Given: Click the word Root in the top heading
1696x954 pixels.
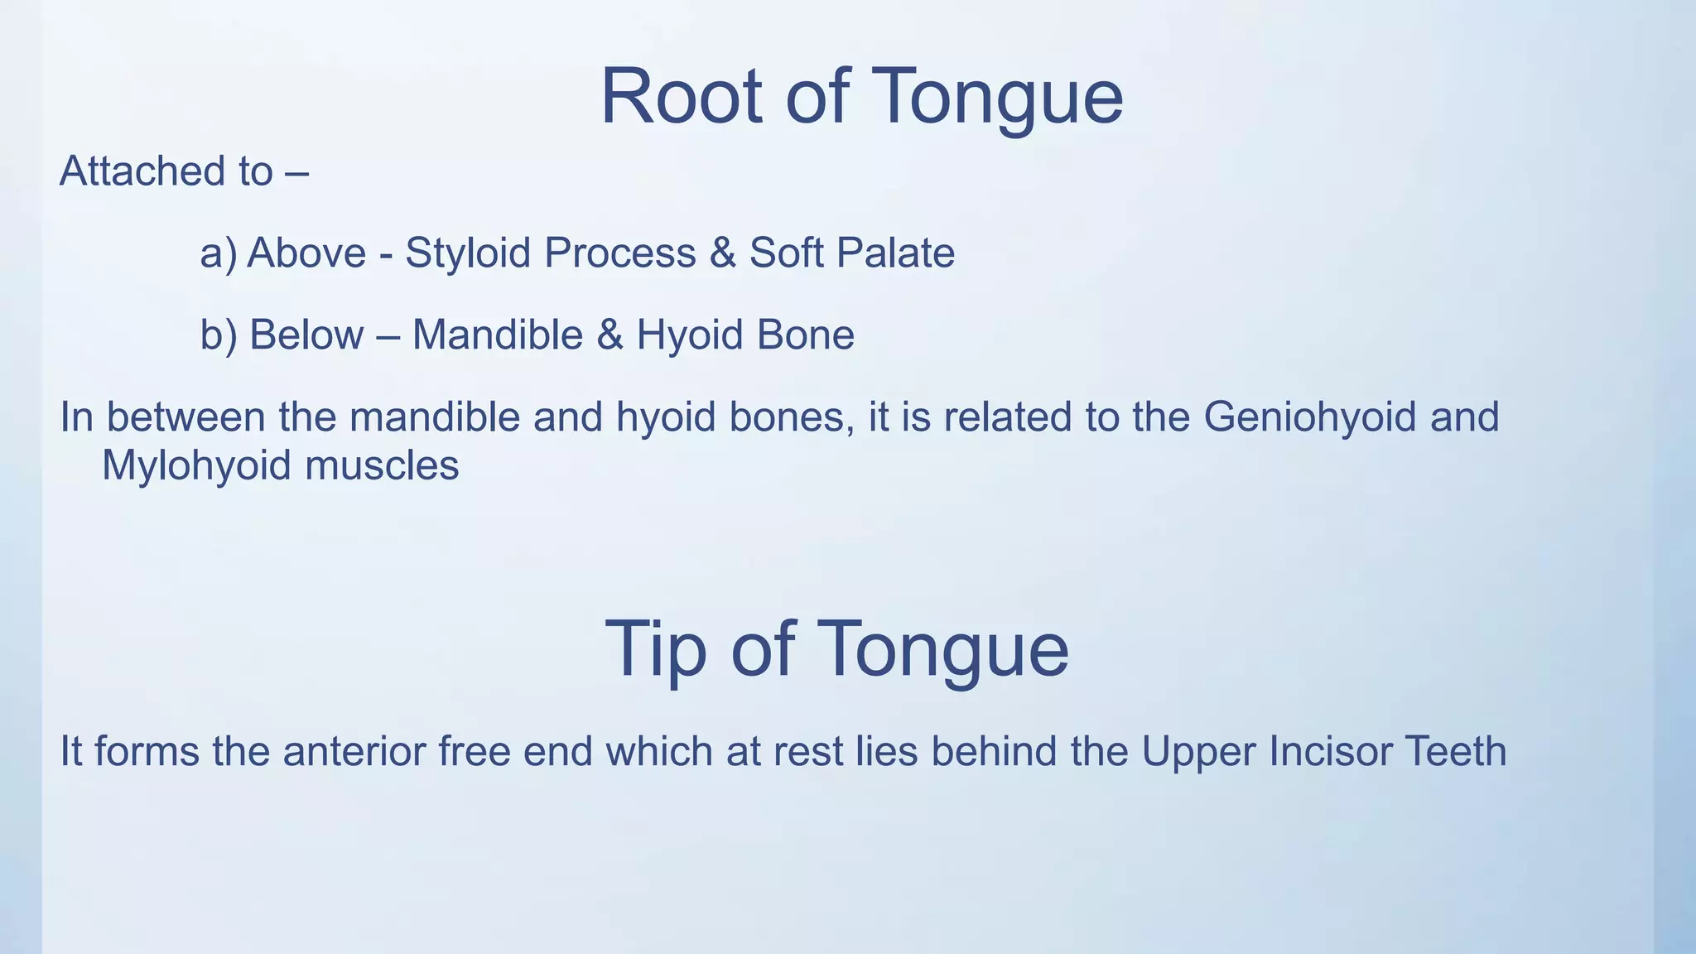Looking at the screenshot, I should pos(680,97).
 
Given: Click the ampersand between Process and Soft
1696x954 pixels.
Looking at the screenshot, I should pos(722,253).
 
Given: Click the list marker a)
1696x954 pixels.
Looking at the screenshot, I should pos(218,253).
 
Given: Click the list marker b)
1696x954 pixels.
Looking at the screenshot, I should pos(219,335).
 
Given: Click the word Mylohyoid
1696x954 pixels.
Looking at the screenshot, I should pos(196,465).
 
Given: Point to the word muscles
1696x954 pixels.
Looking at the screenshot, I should pos(382,465).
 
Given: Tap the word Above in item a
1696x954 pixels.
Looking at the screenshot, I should pos(306,253).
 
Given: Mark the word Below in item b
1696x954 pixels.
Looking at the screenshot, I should pos(306,335).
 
